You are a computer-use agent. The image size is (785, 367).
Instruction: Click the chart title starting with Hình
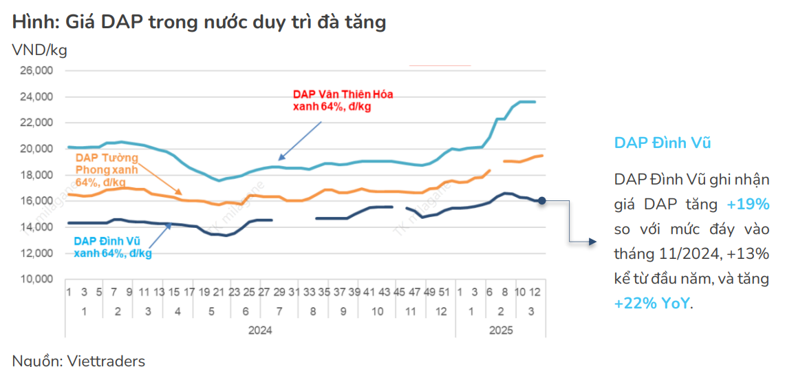coord(199,23)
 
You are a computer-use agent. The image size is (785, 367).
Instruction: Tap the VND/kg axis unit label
coord(39,50)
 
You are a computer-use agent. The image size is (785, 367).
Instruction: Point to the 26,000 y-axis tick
coord(39,71)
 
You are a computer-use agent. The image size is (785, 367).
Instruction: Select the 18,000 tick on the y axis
coord(39,175)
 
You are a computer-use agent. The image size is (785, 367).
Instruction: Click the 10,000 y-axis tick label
coord(39,280)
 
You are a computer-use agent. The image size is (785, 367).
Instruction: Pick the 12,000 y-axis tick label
coord(39,253)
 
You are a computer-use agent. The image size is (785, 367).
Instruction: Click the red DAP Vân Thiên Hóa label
coord(343,101)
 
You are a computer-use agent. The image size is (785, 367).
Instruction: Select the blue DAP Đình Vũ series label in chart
coord(112,247)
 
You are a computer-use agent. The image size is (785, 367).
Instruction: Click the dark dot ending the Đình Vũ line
coord(542,200)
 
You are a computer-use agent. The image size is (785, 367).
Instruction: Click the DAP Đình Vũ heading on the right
coord(663,143)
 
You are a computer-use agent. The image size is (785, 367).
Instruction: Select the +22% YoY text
coord(652,304)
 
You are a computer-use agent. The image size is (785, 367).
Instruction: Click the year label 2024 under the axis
coord(260,331)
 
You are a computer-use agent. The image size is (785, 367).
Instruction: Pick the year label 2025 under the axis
coord(500,331)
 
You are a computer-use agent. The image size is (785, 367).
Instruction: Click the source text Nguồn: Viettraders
coord(78,360)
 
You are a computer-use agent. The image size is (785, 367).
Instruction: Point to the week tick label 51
coord(444,292)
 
